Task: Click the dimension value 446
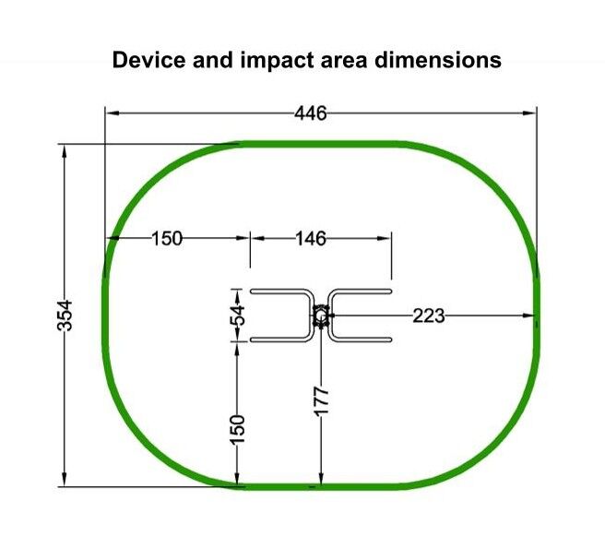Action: coord(311,113)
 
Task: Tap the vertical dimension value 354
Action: coord(65,316)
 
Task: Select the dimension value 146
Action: coord(311,239)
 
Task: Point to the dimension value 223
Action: coord(429,316)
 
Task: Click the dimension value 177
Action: coord(321,401)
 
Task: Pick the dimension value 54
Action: coord(238,316)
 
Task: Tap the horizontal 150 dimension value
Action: coord(167,239)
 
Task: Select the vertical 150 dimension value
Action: coord(237,430)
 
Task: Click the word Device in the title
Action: coord(148,60)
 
